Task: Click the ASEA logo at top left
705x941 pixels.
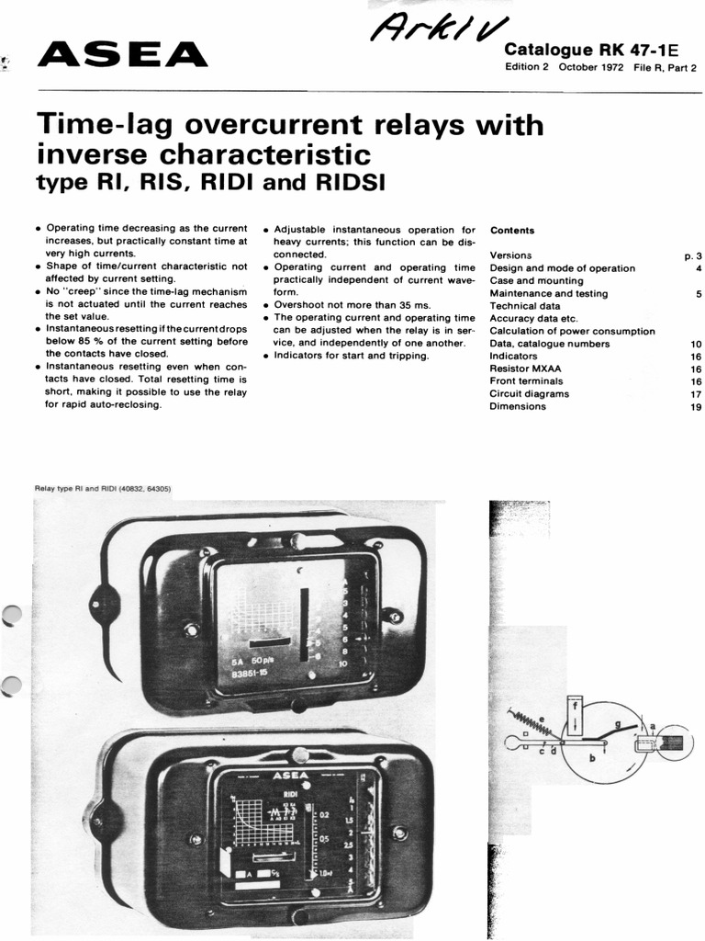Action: point(122,56)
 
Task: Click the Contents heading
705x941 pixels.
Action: point(512,230)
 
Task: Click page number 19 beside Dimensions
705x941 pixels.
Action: point(695,407)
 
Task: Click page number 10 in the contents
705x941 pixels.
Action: point(695,344)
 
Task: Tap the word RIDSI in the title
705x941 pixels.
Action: point(347,183)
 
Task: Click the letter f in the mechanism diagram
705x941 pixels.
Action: point(576,708)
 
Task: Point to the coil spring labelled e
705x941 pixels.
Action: point(535,722)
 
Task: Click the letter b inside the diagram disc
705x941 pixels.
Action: point(592,758)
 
